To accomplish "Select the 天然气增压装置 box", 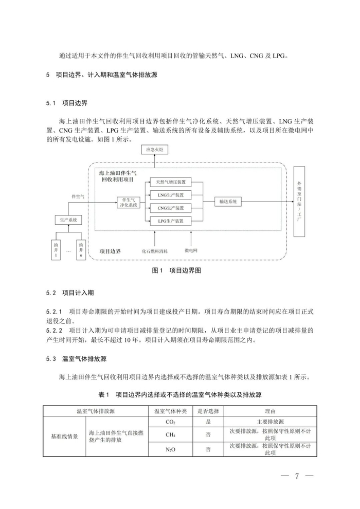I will pos(170,182).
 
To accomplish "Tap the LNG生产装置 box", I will pos(170,195).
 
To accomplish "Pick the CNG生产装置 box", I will pos(170,208).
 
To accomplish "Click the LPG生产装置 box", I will pos(170,221).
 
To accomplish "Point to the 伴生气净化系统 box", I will pos(128,202).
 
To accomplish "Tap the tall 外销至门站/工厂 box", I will pos(300,202).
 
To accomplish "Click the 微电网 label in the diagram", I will pos(191,250).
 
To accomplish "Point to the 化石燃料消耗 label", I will pos(154,251).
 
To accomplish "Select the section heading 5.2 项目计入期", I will pos(70,293).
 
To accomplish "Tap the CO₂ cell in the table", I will pos(171,421).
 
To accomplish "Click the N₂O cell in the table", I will pos(171,449).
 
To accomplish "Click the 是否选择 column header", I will pos(208,411).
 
